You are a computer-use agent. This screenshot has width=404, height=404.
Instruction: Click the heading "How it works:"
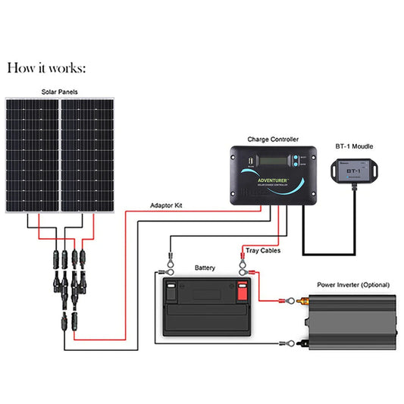coord(46,68)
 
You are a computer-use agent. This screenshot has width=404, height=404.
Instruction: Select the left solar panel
coord(33,155)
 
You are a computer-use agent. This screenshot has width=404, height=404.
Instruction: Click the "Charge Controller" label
coord(272,139)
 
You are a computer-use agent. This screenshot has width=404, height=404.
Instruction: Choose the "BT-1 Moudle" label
coord(353,146)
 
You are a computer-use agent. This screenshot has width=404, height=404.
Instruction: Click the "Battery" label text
coord(205,268)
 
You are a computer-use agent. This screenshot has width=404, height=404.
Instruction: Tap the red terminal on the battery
coord(243,290)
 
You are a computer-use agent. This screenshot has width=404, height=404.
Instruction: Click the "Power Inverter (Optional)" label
coord(352,285)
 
